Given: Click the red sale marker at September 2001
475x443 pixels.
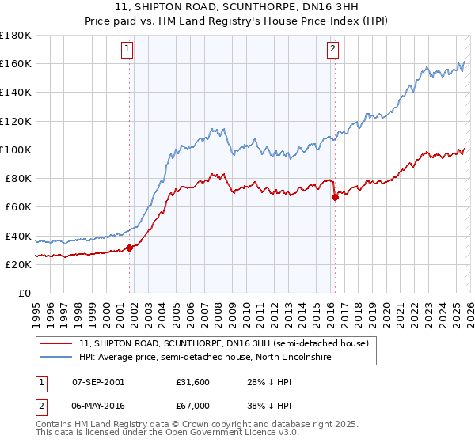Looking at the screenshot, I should (x=129, y=248).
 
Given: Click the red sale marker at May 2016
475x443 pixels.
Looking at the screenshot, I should (x=335, y=198).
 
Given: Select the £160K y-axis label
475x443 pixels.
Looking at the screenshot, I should (x=15, y=63).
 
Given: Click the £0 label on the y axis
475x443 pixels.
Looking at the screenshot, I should (x=24, y=293).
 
